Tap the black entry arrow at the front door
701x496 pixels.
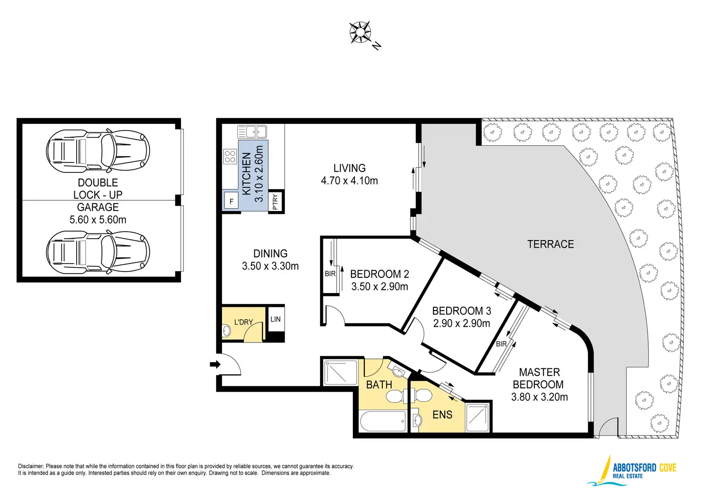[x=215, y=364]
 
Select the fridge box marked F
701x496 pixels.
[x=231, y=201]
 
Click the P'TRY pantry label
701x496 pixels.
[x=275, y=202]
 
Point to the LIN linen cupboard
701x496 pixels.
[x=275, y=319]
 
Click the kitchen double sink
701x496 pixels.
[x=252, y=132]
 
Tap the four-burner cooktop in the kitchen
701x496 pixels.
[x=230, y=157]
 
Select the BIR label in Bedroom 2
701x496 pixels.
[x=330, y=273]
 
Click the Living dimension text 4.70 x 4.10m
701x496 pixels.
[x=349, y=181]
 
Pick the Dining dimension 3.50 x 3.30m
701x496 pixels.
[x=270, y=266]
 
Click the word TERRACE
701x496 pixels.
[x=551, y=244]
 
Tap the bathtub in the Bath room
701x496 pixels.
[x=383, y=421]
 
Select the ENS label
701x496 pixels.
[x=442, y=415]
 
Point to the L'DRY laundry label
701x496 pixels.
[x=243, y=322]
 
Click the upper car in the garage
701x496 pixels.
[x=98, y=151]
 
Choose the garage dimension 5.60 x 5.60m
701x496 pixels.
[x=98, y=220]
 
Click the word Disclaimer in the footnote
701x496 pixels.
[x=30, y=466]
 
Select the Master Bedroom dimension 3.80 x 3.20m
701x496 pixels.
[x=539, y=397]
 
